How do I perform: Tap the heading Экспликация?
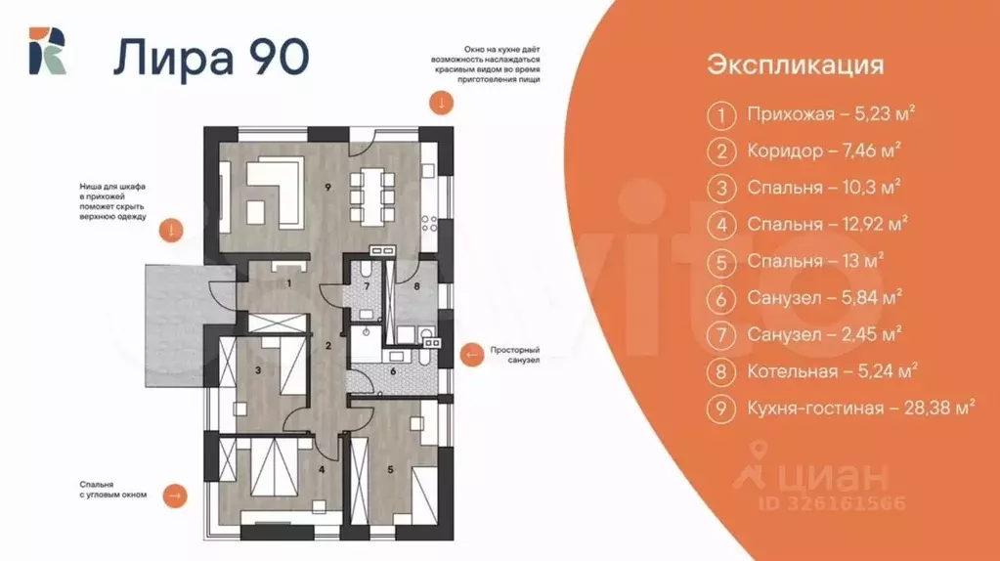(796, 65)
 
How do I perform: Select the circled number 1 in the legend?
(721, 115)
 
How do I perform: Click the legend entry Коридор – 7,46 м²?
(823, 151)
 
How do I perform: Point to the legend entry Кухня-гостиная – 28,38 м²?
(861, 410)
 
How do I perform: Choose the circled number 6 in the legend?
(721, 298)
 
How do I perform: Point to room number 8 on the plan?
(416, 287)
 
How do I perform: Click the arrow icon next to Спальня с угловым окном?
(175, 496)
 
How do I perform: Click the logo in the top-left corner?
(47, 52)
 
